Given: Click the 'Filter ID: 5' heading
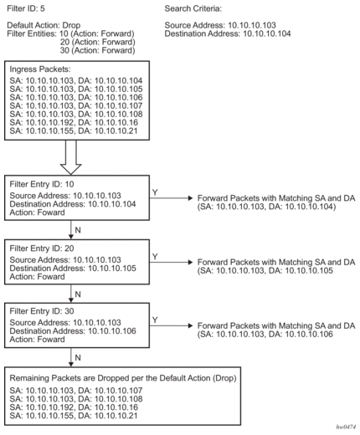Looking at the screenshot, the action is (26, 8).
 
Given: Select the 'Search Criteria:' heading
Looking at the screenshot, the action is (193, 8).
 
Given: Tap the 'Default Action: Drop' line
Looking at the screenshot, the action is (44, 25).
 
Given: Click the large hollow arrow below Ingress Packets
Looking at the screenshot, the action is (71, 157).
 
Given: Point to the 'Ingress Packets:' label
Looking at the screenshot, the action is (40, 69).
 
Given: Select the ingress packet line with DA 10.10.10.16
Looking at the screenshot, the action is (74, 122).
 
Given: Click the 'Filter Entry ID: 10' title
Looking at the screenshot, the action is (42, 184).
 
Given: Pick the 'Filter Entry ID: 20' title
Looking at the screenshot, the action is (42, 248).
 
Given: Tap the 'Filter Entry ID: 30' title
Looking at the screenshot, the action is (42, 311).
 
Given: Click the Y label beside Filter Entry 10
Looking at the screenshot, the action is (155, 192).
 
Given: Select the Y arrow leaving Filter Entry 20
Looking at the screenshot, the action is (171, 262).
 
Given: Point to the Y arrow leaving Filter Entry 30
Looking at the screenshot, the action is (171, 325).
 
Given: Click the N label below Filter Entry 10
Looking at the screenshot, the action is (78, 230).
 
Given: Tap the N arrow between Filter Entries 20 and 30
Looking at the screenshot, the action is (71, 294).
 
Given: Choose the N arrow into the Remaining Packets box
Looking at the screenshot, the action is (71, 357).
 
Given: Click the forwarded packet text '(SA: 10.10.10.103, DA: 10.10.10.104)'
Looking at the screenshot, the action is (266, 207).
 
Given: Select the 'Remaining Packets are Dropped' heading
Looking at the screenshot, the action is (123, 378).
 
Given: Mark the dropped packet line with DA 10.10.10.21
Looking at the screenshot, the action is (74, 416).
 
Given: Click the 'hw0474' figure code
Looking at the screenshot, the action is (346, 427).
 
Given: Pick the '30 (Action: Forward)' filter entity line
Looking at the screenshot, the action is (97, 50).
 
